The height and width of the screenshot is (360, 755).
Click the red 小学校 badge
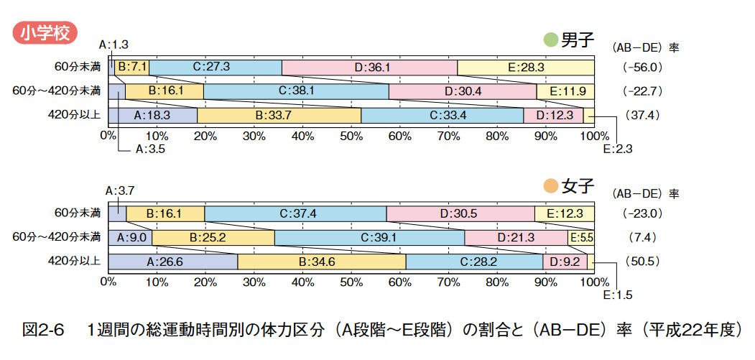[45, 32]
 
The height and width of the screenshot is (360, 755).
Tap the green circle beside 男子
[551, 40]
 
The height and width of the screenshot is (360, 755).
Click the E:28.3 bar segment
[525, 67]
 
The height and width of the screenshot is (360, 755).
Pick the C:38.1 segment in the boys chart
[296, 91]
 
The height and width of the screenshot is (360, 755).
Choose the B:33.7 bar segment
[279, 115]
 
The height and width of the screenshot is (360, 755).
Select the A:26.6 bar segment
[173, 262]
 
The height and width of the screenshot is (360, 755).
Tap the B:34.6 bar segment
[321, 262]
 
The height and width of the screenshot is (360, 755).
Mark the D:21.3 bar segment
[515, 237]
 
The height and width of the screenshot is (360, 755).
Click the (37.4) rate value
[642, 115]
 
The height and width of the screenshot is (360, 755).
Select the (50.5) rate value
[642, 262]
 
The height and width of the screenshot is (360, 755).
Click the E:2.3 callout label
[618, 149]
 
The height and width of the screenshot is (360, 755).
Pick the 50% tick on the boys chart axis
[351, 135]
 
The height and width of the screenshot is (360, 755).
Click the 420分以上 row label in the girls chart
[75, 262]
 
